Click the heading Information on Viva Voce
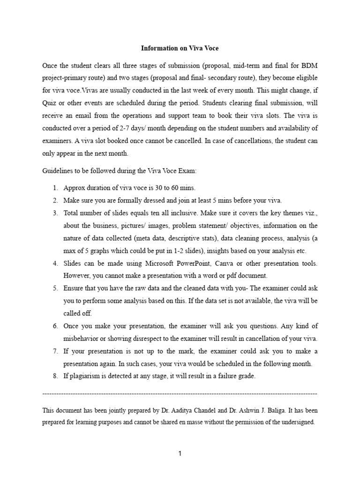[x=180, y=48]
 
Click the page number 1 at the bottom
[x=180, y=453]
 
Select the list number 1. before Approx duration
[x=55, y=188]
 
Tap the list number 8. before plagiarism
[x=55, y=376]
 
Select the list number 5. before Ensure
[x=55, y=288]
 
